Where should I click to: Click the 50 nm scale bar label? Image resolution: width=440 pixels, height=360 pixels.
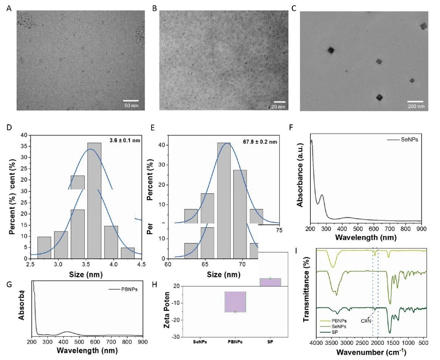[131, 105]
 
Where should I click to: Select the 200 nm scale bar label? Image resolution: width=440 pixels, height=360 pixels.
[415, 107]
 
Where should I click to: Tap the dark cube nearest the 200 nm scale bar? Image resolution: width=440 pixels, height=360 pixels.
[380, 98]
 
